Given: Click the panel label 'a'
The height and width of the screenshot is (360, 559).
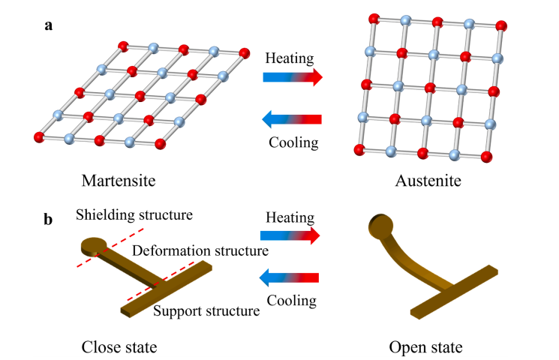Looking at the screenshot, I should click(x=49, y=25).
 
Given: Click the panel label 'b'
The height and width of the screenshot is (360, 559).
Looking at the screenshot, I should click(x=49, y=220).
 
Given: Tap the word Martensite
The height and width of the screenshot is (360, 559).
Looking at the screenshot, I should click(x=132, y=181).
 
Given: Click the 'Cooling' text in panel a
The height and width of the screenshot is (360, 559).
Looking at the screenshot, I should click(x=292, y=140).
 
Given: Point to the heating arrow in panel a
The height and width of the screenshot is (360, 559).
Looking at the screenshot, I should click(x=292, y=76).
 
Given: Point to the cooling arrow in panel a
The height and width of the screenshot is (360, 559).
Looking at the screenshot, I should click(x=292, y=119).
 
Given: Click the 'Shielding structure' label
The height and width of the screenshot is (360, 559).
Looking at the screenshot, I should click(x=134, y=215).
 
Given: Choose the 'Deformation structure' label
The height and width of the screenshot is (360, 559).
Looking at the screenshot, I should click(x=200, y=250).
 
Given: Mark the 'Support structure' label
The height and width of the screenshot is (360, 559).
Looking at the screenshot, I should click(x=206, y=308).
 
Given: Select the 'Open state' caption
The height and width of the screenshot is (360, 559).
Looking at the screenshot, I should click(x=425, y=347).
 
